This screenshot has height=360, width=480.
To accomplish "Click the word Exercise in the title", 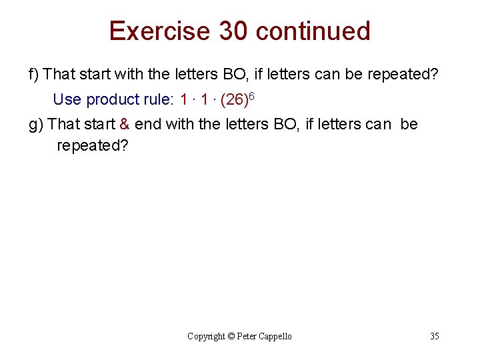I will point(158,31).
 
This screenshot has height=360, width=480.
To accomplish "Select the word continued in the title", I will point(313,31).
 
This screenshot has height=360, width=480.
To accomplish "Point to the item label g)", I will point(37,124).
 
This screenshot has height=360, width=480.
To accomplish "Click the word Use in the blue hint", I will point(67,100).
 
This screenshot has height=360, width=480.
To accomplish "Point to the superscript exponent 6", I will point(252,97).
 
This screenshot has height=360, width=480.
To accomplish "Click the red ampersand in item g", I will point(125,124).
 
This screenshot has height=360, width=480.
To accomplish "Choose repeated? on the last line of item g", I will point(92,145).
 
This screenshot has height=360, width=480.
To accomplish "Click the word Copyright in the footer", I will point(207,337).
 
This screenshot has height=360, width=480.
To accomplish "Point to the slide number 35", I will point(434,337).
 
